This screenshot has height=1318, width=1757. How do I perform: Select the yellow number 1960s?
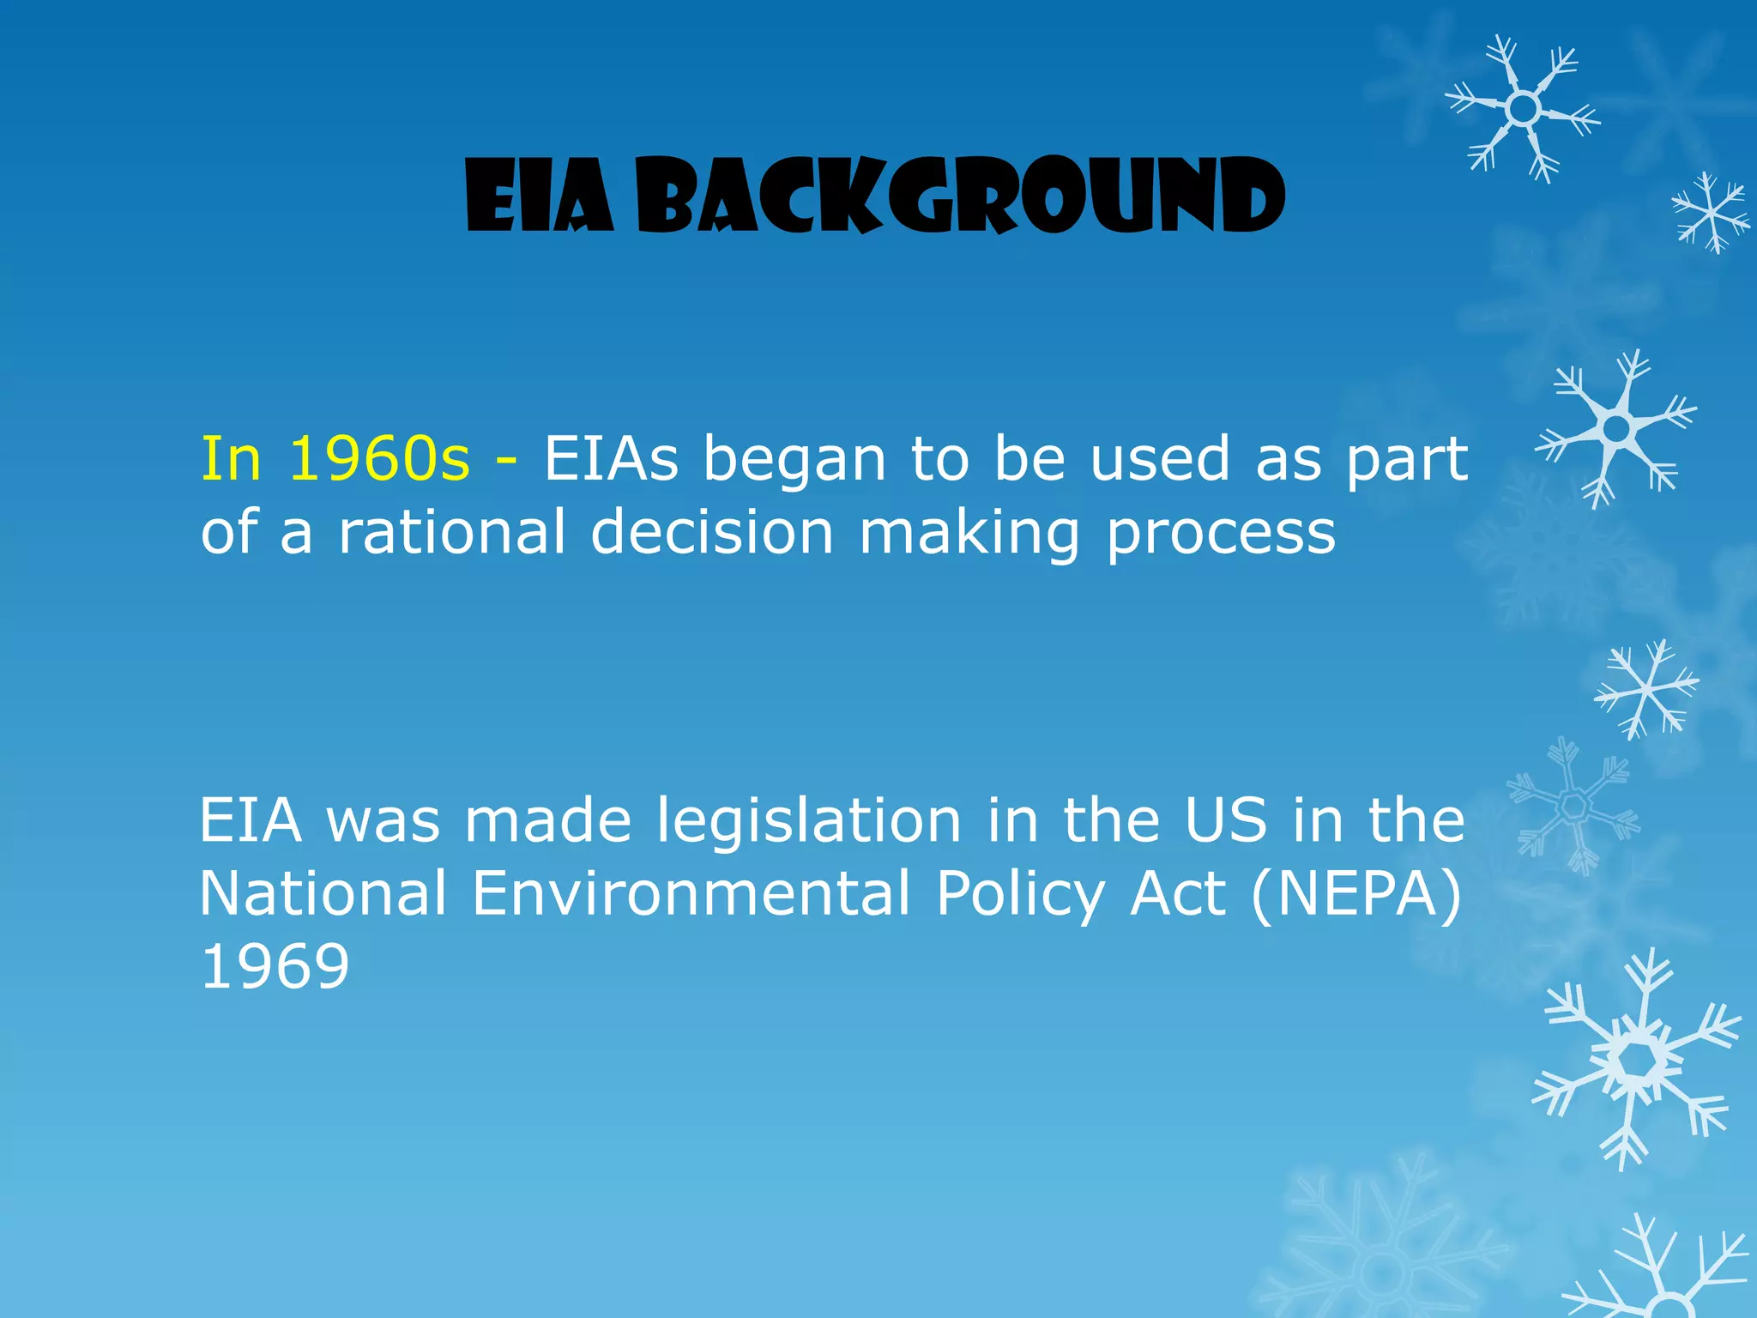click(x=379, y=459)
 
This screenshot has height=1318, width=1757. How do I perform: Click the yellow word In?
click(x=230, y=459)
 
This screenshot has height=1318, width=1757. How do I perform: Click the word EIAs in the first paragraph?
click(x=611, y=459)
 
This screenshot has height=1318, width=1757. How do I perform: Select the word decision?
click(x=712, y=532)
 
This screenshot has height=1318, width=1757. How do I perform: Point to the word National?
click(x=323, y=893)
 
